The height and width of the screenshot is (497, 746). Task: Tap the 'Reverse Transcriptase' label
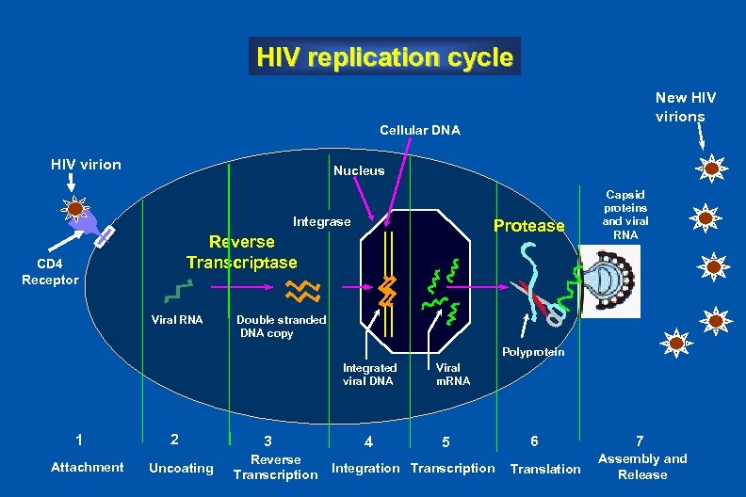click(241, 251)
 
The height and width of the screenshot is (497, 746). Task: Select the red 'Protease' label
click(528, 225)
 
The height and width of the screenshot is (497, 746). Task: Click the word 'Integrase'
click(321, 222)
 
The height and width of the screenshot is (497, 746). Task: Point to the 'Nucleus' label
click(359, 170)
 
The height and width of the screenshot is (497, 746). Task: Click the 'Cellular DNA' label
click(419, 130)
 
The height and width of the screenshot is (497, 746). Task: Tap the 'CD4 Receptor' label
click(50, 272)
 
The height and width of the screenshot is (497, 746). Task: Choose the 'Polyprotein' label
click(533, 352)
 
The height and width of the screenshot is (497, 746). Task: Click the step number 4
click(369, 441)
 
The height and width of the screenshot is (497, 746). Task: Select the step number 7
click(640, 441)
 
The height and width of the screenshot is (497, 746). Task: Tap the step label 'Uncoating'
click(181, 468)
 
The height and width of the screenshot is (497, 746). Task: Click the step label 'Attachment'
click(87, 467)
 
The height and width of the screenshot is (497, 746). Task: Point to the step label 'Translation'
click(545, 468)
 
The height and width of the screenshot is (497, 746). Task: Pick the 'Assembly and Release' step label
click(642, 466)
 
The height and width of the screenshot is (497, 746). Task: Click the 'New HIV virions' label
click(686, 106)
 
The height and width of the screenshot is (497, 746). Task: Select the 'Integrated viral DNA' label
click(368, 374)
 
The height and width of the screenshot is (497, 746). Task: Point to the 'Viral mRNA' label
click(452, 374)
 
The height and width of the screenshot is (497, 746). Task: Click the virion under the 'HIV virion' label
click(73, 209)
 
